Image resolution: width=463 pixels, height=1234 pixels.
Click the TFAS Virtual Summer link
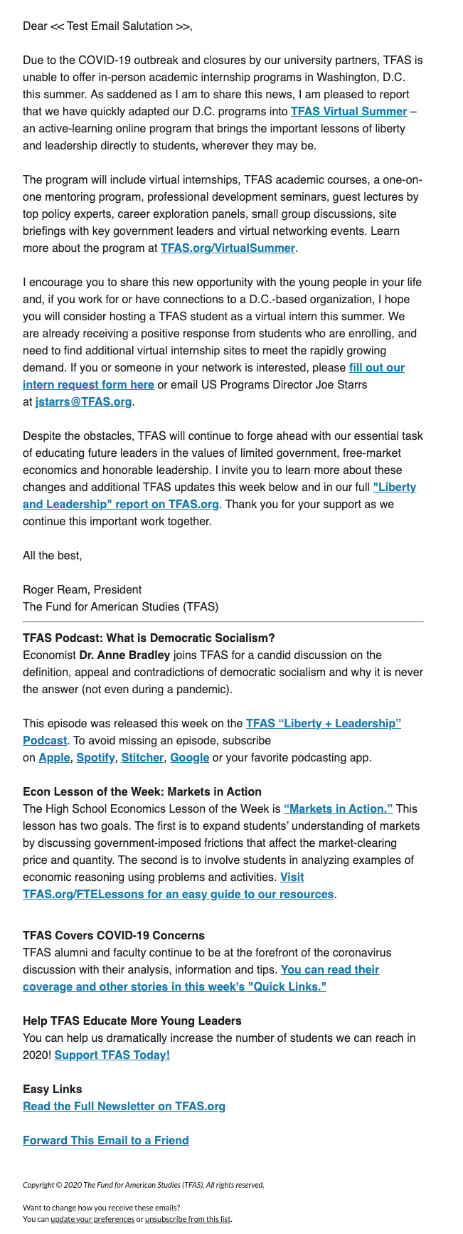point(348,111)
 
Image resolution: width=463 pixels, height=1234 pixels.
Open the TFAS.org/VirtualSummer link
point(228,248)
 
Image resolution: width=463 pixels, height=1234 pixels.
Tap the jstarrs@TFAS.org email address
point(83,401)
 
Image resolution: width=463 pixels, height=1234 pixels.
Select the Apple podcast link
point(54,757)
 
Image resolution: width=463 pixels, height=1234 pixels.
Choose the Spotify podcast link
point(95,757)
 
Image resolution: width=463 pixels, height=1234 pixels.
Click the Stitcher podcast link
point(142,757)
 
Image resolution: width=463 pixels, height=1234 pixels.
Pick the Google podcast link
point(189,757)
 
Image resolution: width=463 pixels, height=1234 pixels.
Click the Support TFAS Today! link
point(112,1055)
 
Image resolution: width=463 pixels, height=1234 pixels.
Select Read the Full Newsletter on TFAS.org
point(124,1106)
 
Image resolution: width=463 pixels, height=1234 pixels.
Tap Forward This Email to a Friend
point(106,1140)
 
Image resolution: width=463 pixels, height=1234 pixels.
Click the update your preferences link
point(92,1219)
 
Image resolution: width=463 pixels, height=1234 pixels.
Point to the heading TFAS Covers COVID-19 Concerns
point(114,935)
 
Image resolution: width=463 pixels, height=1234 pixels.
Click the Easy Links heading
point(53,1089)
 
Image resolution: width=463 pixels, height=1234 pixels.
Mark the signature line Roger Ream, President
point(82,589)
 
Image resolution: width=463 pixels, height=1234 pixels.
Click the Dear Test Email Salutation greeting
point(107,26)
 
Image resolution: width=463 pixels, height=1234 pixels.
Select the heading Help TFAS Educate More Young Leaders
point(132,1021)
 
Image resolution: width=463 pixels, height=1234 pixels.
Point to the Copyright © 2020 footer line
point(143,1185)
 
